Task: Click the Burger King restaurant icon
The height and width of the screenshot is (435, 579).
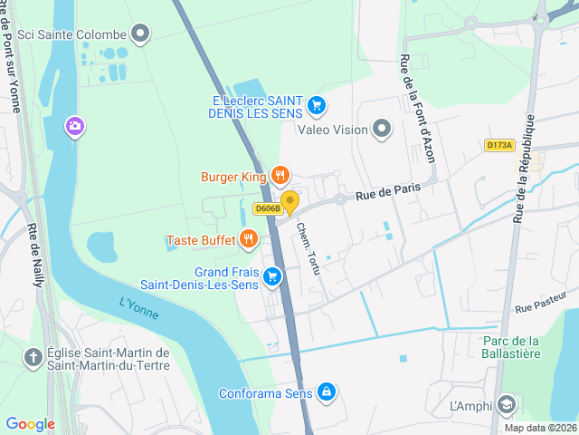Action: pyautogui.click(x=280, y=176)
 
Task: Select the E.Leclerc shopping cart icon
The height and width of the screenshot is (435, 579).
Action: pyautogui.click(x=316, y=106)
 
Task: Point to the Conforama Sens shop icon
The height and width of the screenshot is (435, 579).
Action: pyautogui.click(x=327, y=392)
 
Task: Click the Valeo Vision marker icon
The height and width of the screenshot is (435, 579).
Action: pyautogui.click(x=382, y=129)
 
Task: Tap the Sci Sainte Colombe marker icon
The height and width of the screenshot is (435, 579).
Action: pyautogui.click(x=140, y=34)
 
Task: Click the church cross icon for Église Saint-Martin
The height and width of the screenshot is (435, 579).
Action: pyautogui.click(x=33, y=358)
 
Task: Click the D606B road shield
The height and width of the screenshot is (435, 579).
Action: pyautogui.click(x=268, y=208)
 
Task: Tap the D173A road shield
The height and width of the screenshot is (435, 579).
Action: pyautogui.click(x=498, y=145)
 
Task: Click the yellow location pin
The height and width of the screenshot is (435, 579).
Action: pyautogui.click(x=289, y=201)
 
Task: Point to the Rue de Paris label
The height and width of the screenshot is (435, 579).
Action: pyautogui.click(x=389, y=189)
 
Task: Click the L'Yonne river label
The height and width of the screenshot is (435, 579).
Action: pyautogui.click(x=138, y=309)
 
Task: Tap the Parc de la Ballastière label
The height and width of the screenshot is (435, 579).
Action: pyautogui.click(x=511, y=347)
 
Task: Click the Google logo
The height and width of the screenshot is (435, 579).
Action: pyautogui.click(x=30, y=423)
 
